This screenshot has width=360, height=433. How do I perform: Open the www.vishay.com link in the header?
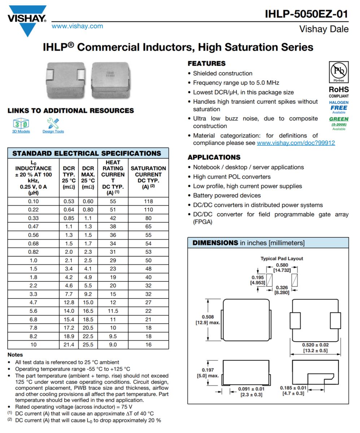[77, 26]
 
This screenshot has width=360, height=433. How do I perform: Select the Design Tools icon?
[53, 124]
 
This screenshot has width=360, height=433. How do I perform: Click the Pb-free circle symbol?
[338, 70]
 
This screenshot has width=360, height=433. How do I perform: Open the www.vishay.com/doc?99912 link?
[296, 143]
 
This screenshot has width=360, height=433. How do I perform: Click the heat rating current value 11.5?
[113, 310]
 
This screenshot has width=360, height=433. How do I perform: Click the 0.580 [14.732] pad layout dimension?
[282, 267]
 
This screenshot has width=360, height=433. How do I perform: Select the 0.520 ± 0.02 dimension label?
[315, 347]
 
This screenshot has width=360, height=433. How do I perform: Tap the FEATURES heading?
[207, 64]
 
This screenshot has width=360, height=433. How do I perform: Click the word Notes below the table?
[15, 355]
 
